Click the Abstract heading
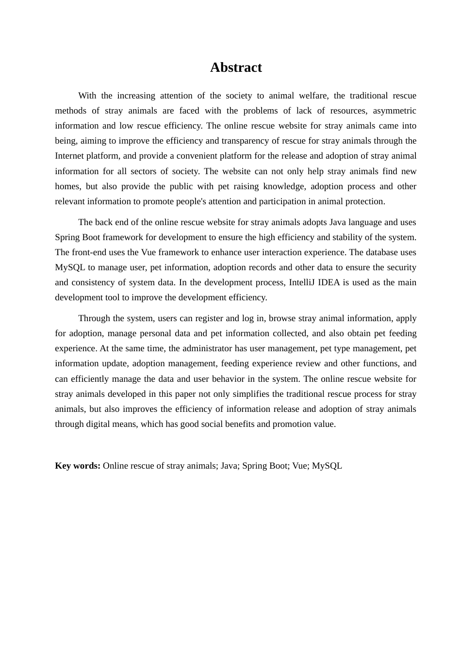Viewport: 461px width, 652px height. coord(236,67)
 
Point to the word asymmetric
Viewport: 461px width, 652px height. coord(394,111)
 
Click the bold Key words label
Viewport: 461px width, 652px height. coord(78,466)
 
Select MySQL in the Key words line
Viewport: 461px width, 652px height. coord(327,466)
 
